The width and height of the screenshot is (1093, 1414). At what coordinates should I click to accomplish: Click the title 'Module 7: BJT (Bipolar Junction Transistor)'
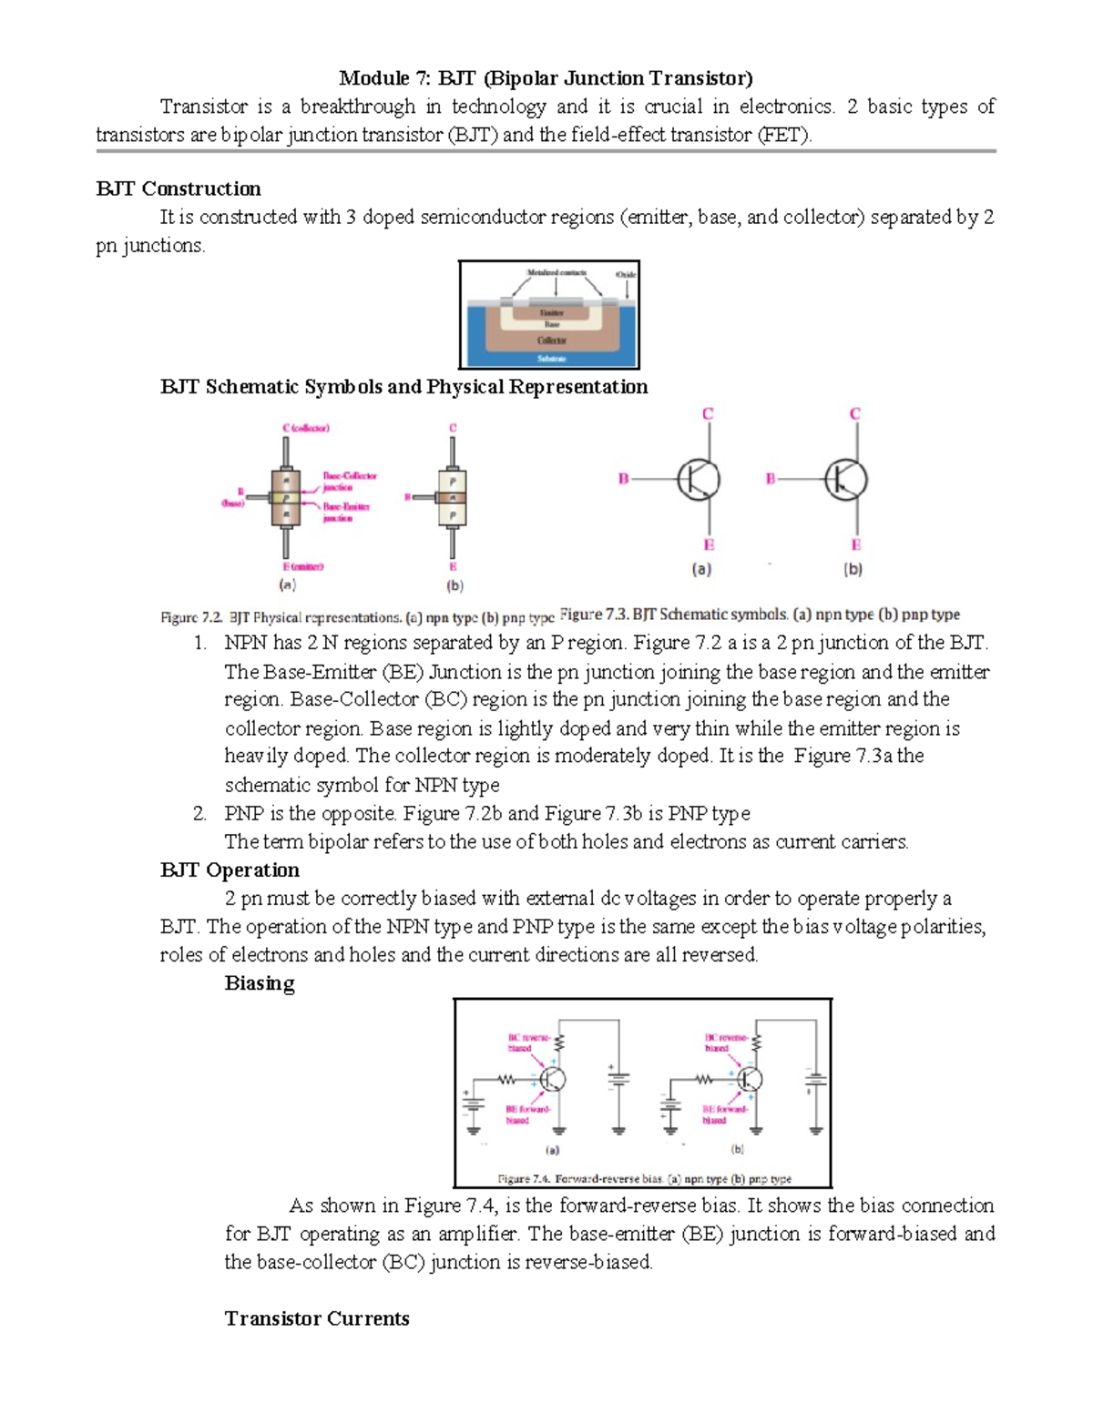[546, 78]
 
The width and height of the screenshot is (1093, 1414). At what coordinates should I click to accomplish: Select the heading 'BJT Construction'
[179, 189]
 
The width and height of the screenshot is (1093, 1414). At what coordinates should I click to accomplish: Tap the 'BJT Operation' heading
[230, 870]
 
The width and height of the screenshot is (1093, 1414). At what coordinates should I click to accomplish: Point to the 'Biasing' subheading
[260, 983]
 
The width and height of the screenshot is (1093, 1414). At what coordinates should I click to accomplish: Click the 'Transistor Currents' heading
[317, 1318]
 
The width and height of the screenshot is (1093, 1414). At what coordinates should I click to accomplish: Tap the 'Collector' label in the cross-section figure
[551, 341]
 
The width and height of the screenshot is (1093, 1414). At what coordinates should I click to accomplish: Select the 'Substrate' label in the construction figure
[551, 359]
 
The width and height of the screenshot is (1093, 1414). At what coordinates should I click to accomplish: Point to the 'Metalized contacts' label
[557, 272]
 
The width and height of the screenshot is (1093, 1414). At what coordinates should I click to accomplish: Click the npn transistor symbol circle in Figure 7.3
[699, 479]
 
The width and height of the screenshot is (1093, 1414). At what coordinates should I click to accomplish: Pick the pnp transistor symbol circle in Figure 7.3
[846, 479]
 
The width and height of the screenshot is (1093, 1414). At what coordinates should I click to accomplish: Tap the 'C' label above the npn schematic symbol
[707, 414]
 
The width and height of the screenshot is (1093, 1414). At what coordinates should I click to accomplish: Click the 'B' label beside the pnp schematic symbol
[771, 479]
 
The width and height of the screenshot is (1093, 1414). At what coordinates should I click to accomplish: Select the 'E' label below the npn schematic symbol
[709, 545]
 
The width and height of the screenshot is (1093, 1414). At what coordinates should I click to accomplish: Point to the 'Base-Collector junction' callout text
[349, 482]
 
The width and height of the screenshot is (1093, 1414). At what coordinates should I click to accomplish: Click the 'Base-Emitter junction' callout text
[345, 512]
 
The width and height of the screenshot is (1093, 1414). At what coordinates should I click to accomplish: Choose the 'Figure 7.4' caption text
[644, 1178]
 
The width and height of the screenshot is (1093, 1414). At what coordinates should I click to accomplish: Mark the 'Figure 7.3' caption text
[760, 615]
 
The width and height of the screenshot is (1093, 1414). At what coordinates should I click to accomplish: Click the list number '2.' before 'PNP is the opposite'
[200, 814]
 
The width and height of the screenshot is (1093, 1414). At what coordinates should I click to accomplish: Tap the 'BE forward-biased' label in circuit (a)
[527, 1114]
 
